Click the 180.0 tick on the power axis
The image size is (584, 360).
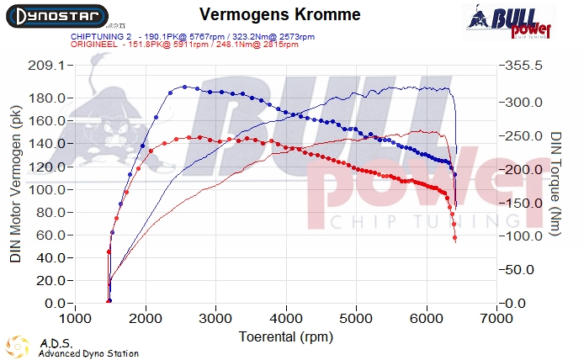pyautogui.click(x=49, y=98)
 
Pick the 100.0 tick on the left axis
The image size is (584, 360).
pyautogui.click(x=49, y=189)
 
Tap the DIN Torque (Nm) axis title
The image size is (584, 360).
pyautogui.click(x=557, y=183)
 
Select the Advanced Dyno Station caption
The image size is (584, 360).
pyautogui.click(x=88, y=353)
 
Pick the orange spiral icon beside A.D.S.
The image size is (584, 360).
pyautogui.click(x=19, y=347)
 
